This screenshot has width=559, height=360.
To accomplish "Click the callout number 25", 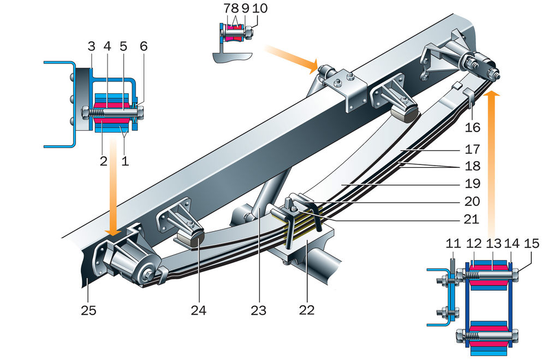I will [x=88, y=310].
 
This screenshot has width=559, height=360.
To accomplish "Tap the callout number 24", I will [x=199, y=310].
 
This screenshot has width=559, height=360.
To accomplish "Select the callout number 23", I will [x=259, y=310].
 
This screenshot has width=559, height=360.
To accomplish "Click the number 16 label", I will [x=472, y=127].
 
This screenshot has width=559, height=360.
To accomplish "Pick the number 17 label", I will [x=472, y=148].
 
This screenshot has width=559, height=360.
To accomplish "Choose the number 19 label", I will [x=472, y=183].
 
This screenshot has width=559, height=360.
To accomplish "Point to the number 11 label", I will [x=452, y=243].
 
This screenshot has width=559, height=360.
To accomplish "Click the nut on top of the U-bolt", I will [x=293, y=206].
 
